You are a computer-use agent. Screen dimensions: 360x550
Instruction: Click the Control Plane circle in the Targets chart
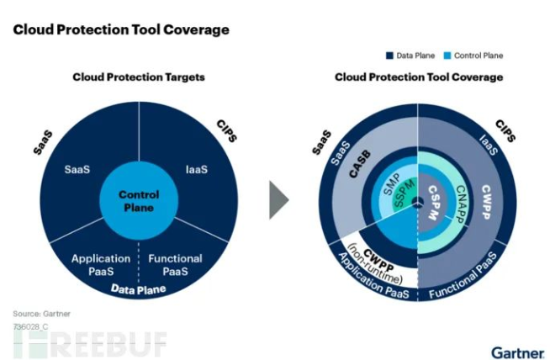coord(139,200)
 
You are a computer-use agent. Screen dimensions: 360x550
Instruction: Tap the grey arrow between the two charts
coord(280,199)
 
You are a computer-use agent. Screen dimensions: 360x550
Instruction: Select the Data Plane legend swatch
coord(389,56)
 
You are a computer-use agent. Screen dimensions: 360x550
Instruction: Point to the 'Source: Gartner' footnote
coord(40,313)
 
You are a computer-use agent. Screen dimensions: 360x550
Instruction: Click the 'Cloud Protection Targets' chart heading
coord(139,77)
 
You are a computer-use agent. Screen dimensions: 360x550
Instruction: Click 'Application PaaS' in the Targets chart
coord(101,265)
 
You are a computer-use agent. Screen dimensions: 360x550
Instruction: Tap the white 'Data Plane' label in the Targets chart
coord(139,290)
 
